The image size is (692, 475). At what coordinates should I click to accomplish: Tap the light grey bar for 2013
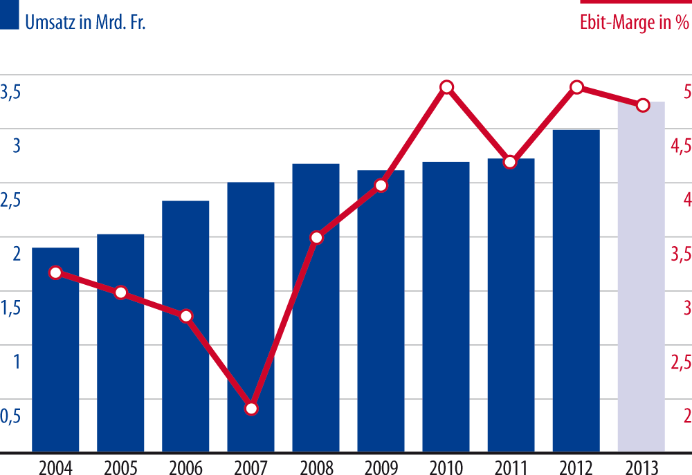pyautogui.click(x=641, y=277)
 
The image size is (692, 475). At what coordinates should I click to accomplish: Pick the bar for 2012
pyautogui.click(x=576, y=290)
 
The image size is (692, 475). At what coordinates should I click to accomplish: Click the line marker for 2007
pyautogui.click(x=251, y=408)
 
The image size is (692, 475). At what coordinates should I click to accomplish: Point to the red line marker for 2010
pyautogui.click(x=447, y=87)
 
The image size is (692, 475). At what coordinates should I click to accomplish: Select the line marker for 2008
pyautogui.click(x=316, y=238)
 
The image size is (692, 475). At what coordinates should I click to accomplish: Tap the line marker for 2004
pyautogui.click(x=56, y=273)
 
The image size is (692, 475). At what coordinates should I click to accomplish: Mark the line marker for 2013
pyautogui.click(x=642, y=105)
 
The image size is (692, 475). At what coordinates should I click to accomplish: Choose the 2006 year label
pyautogui.click(x=185, y=465)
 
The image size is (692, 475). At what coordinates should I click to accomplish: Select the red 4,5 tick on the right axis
pyautogui.click(x=677, y=146)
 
